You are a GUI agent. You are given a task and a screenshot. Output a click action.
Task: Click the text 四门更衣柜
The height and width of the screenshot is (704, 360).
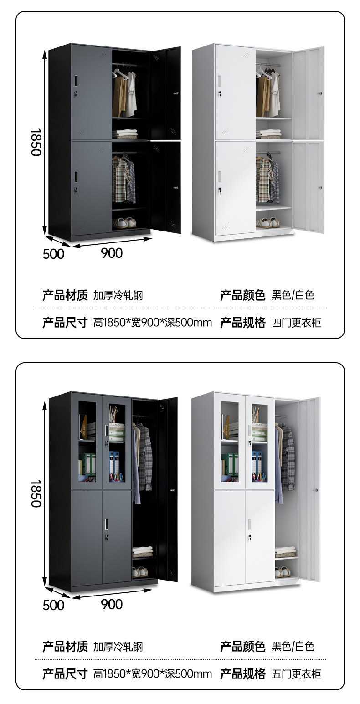click(x=296, y=323)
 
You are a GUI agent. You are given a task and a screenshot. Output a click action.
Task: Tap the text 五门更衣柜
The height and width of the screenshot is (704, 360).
click(x=296, y=674)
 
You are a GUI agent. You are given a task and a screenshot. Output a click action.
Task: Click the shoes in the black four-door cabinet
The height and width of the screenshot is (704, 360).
click(x=125, y=222)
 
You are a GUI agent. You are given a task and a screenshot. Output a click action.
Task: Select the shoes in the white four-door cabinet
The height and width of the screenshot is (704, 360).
click(x=267, y=222)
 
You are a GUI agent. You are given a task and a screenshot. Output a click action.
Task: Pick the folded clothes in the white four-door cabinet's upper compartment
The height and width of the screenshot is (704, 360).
click(x=268, y=134)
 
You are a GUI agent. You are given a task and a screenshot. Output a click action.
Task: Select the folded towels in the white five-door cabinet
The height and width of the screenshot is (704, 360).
click(x=285, y=552)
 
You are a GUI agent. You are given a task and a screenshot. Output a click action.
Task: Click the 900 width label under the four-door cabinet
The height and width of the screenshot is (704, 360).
click(x=112, y=253)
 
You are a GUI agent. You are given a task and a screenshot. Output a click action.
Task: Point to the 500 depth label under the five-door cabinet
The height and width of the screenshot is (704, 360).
click(x=53, y=605)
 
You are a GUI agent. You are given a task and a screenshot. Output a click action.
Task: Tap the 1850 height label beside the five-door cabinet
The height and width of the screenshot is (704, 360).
click(x=36, y=493)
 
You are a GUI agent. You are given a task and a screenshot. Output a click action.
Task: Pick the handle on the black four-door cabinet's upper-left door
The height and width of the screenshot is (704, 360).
click(x=76, y=81)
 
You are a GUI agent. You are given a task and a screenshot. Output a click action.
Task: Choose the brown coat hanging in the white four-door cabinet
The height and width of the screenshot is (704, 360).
click(x=262, y=96)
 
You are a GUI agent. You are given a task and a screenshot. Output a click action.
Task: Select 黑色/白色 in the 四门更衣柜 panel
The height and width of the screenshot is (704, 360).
click(x=293, y=295)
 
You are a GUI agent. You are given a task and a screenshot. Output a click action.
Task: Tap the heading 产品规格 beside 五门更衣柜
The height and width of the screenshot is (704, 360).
click(x=242, y=674)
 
